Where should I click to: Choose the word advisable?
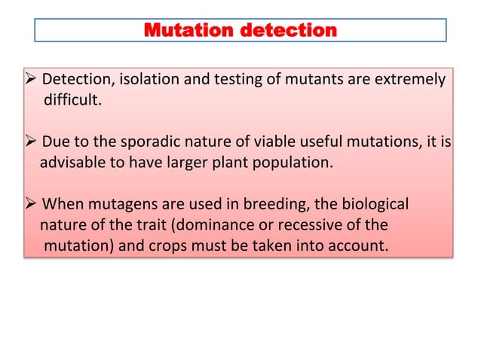(68, 162)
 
